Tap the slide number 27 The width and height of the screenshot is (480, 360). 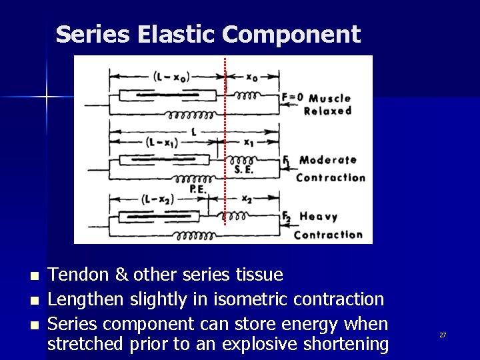click(x=442, y=335)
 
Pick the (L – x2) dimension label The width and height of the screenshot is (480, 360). click(x=158, y=199)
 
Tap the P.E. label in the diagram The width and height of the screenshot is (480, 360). click(x=198, y=189)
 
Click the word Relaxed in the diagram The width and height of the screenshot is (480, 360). click(x=327, y=111)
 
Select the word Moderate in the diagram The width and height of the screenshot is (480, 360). click(x=327, y=160)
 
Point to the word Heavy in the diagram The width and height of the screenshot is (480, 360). click(x=319, y=217)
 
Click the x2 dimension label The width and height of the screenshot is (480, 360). click(x=246, y=199)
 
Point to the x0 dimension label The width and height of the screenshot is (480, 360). click(x=252, y=77)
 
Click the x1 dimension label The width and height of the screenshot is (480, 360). click(x=249, y=143)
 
